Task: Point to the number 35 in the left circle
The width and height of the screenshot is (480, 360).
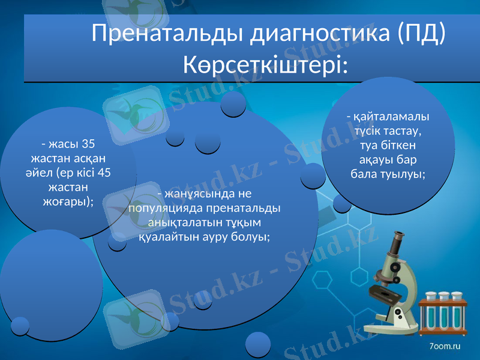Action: tap(88, 145)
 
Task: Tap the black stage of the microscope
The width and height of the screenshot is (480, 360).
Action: tap(383, 295)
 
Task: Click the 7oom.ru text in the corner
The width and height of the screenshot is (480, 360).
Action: tap(444, 347)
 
